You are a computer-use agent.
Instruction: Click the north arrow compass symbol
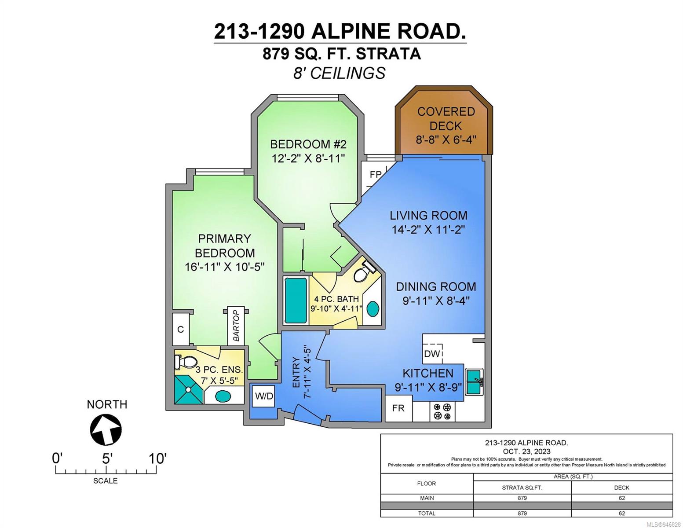[x=106, y=429]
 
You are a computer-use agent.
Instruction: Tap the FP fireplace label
[x=375, y=174]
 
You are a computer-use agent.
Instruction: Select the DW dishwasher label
[x=432, y=353]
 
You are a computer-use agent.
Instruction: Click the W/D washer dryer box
[x=264, y=396]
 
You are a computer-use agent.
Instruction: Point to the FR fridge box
[x=398, y=408]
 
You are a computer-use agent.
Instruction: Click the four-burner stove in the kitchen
[x=442, y=412]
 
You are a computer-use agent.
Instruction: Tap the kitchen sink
[x=474, y=382]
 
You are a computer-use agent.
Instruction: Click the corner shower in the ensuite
[x=189, y=390]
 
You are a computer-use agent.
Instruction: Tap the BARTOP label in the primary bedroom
[x=236, y=326]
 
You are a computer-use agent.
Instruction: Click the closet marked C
[x=181, y=329]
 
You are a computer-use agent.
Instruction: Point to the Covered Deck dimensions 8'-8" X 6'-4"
[x=446, y=139]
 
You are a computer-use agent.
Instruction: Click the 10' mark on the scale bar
[x=156, y=474]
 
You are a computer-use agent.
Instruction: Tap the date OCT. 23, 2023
[x=526, y=451]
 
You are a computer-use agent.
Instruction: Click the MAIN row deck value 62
[x=621, y=498]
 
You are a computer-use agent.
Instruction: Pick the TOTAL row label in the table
[x=427, y=513]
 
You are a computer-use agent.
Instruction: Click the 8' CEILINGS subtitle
[x=339, y=73]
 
